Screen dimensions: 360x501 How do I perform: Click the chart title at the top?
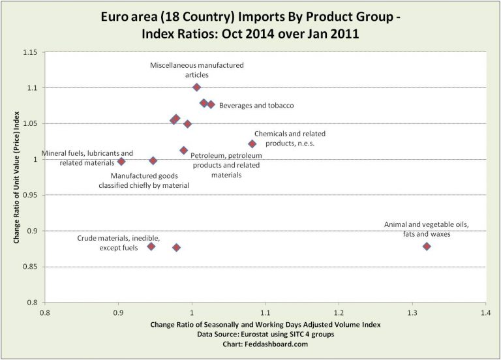250,24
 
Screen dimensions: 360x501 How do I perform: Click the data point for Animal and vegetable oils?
427,247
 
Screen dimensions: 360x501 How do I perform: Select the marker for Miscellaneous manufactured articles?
196,87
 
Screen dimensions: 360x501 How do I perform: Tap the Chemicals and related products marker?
252,143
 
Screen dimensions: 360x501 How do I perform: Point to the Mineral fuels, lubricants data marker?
121,161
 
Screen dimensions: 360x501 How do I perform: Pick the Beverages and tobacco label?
256,105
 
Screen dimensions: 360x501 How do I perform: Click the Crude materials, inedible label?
118,243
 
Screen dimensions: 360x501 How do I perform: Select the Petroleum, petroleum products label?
226,165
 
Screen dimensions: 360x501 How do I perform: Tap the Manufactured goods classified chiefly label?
149,180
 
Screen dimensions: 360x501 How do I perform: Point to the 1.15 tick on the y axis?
28,52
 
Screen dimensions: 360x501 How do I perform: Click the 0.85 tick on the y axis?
28,267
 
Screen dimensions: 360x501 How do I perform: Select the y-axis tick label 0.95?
28,195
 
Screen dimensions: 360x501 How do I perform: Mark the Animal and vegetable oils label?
427,230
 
